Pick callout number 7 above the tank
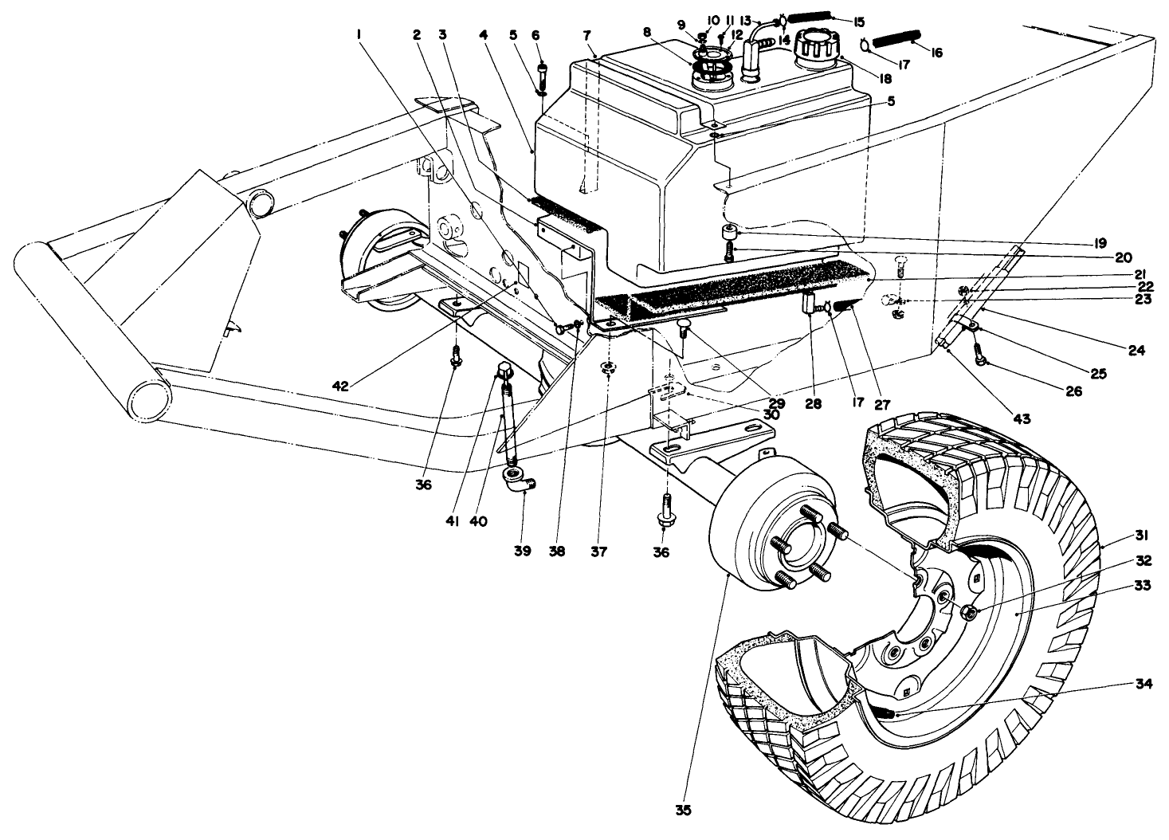pos(586,34)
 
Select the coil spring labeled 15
pos(810,16)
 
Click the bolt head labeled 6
pos(542,67)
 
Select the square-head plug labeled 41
pos(504,370)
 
